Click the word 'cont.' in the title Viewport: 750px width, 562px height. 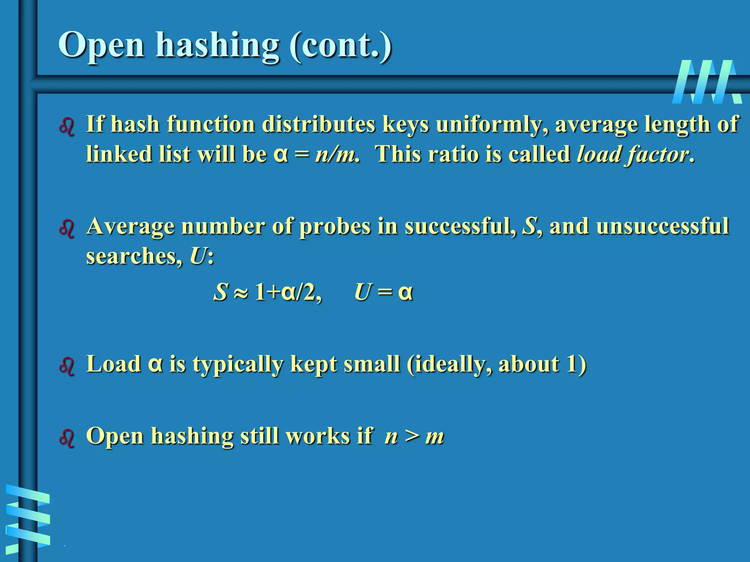[341, 45]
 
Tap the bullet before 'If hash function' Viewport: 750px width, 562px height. [67, 127]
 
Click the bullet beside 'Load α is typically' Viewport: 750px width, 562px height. [67, 366]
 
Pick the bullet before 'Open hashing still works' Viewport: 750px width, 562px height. [67, 438]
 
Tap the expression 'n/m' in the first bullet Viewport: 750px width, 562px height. [335, 154]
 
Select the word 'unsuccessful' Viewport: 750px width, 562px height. [662, 226]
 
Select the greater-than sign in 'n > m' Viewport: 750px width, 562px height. [412, 436]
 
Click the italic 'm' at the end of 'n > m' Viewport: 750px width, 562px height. [435, 437]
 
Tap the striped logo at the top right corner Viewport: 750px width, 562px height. [707, 82]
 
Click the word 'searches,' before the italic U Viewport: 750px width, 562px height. [134, 256]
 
